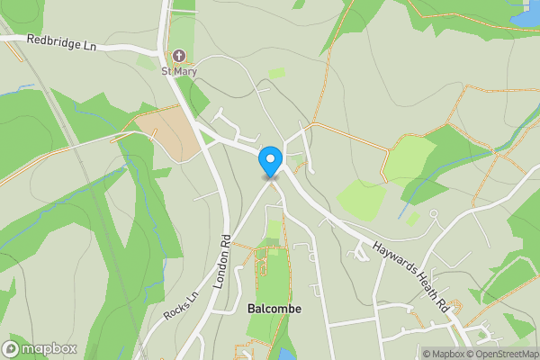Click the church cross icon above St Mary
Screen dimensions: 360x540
[x=179, y=56]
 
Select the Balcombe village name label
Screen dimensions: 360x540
[x=274, y=309]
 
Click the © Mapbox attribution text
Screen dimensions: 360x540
[x=442, y=354]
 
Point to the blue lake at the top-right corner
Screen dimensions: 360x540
[x=526, y=13]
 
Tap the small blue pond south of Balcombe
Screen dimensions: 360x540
[x=286, y=354]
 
